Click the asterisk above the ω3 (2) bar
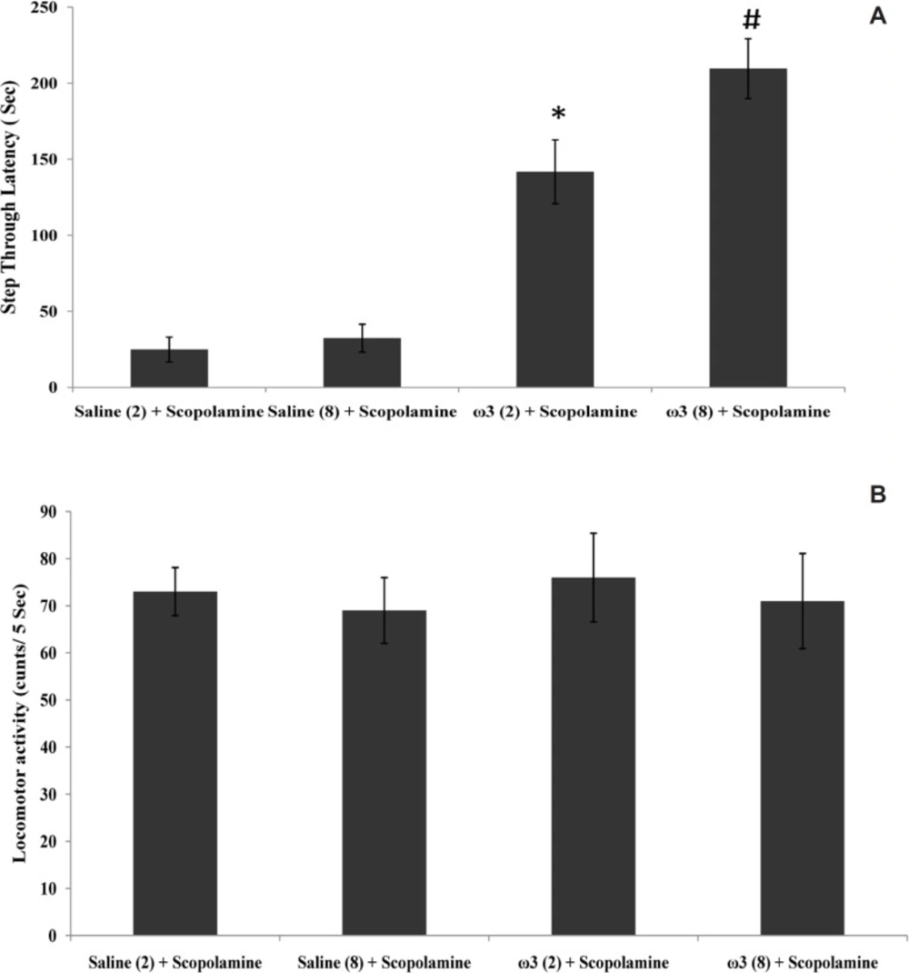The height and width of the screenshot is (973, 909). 556,115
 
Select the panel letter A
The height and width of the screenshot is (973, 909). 877,15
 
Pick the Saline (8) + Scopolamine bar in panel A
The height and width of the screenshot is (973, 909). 362,363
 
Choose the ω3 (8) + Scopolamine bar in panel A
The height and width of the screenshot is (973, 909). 748,227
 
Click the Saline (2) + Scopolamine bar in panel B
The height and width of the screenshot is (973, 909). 175,763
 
